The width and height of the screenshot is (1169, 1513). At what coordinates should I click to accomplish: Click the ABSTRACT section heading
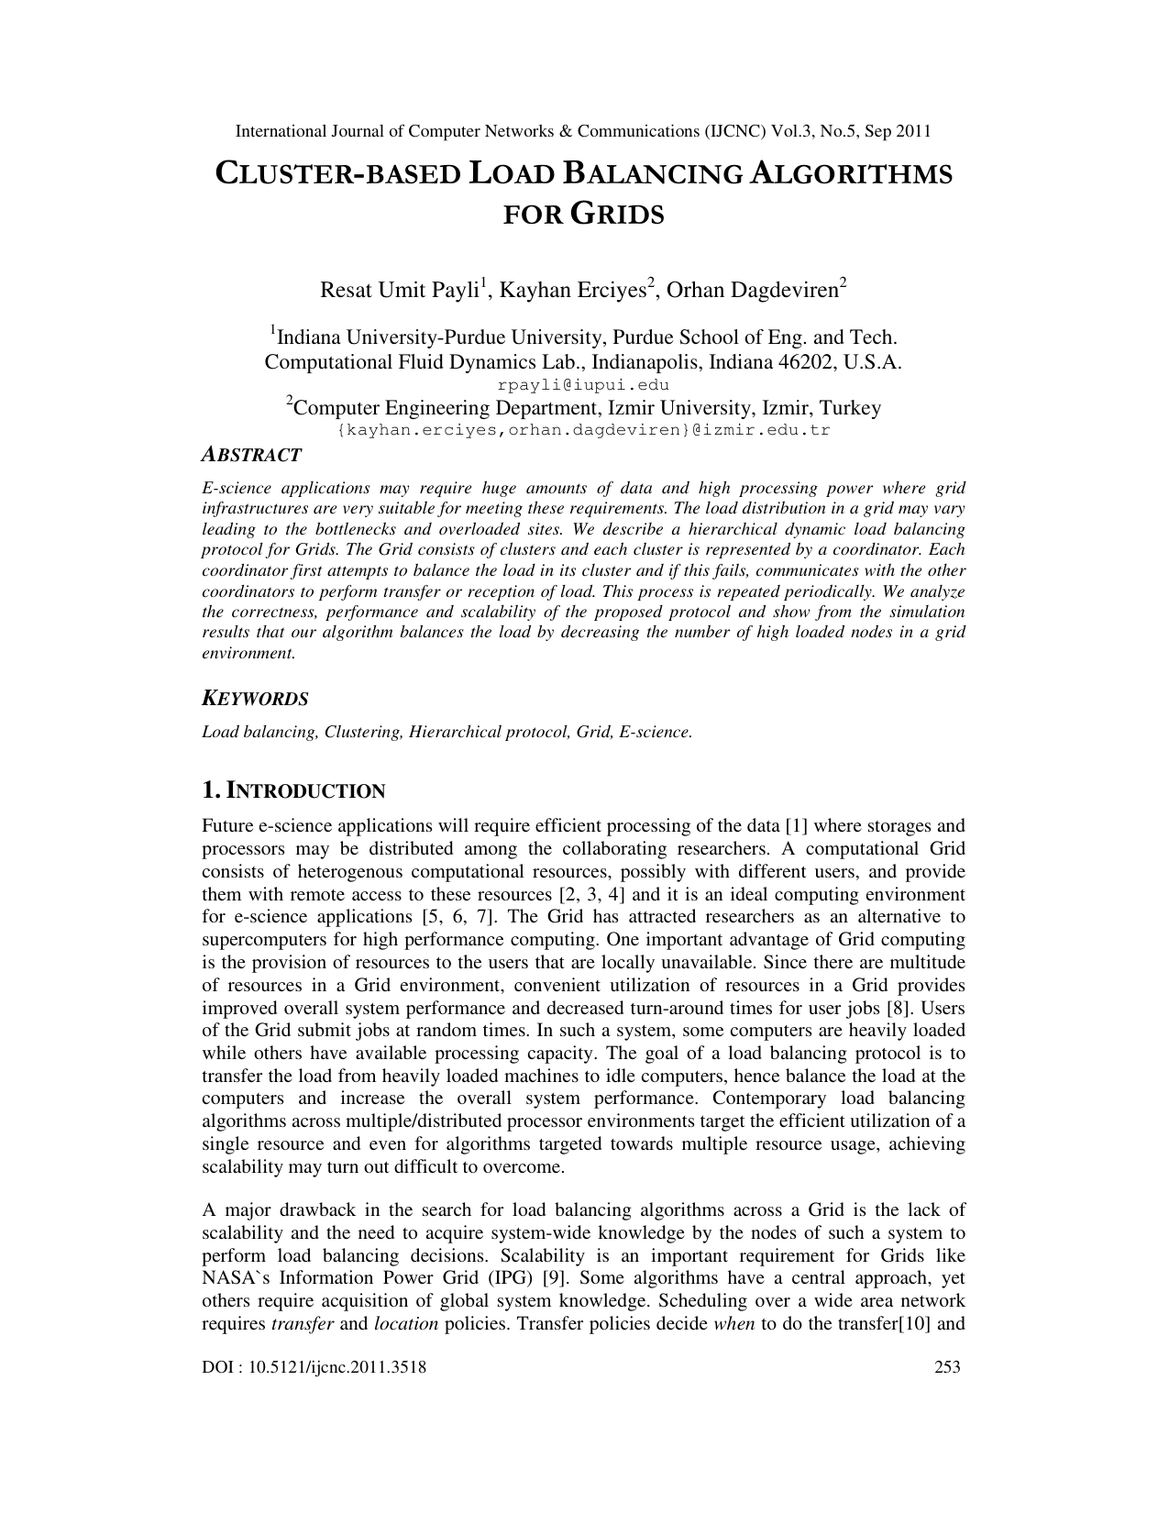pos(251,455)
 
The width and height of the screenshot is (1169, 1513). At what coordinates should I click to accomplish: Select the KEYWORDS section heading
pos(255,699)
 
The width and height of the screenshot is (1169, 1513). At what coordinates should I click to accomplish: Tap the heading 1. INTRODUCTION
pos(293,790)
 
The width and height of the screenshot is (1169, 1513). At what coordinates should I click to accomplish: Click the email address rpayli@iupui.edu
pos(583,385)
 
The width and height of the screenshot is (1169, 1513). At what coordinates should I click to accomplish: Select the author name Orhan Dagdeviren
pos(752,291)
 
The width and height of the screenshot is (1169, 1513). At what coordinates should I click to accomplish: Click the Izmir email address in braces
pos(583,429)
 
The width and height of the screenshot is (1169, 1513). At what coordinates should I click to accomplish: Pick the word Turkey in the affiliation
pos(850,408)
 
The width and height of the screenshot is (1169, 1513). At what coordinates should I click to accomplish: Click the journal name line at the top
pos(583,131)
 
